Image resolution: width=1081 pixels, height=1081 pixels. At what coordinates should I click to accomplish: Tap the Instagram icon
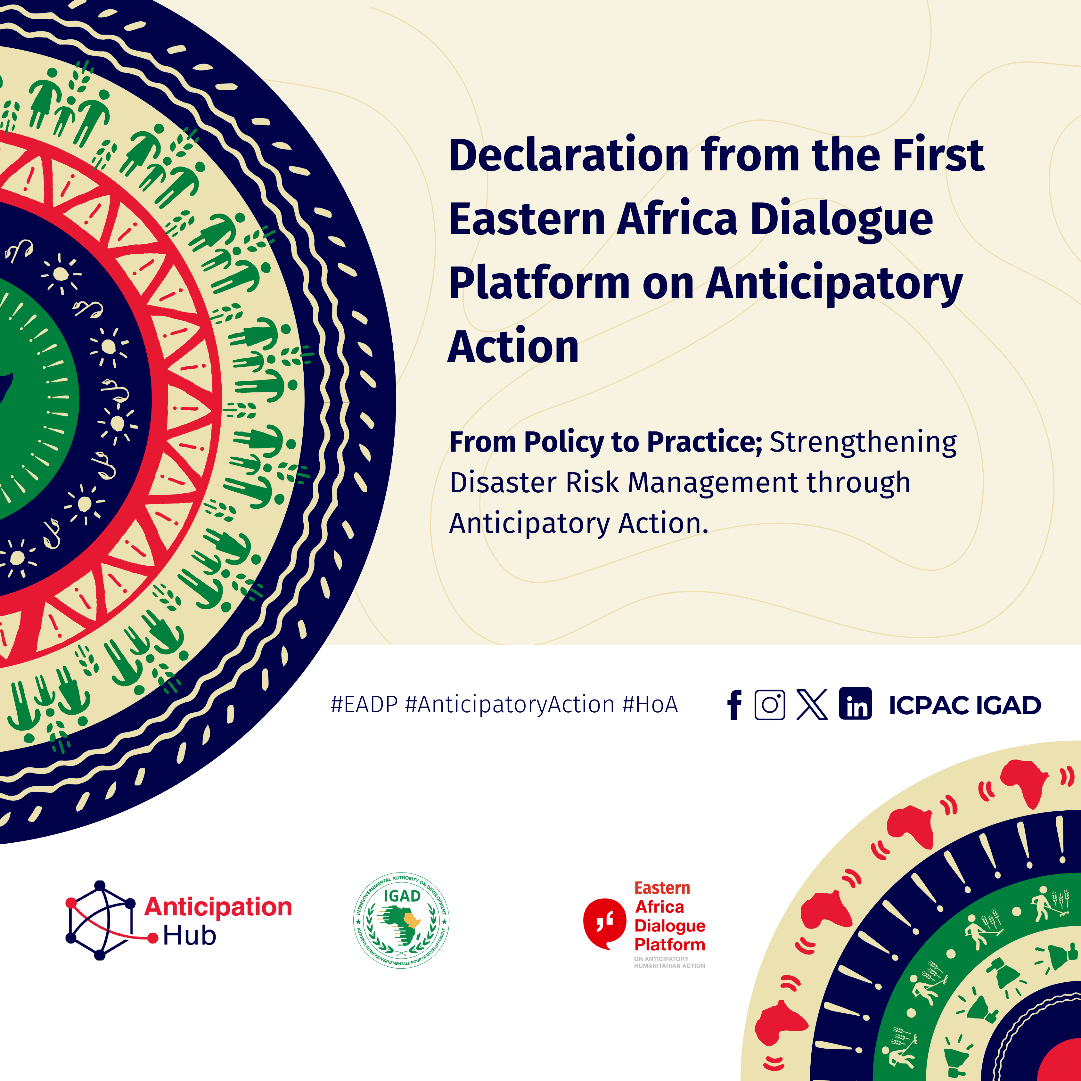click(770, 704)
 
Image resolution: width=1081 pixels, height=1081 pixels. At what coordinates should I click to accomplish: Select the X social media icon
click(812, 704)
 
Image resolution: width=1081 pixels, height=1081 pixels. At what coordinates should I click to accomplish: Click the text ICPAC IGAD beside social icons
click(965, 706)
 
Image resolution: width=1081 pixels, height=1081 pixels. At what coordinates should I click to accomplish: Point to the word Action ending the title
click(513, 347)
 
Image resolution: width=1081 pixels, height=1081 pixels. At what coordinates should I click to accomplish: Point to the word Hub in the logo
click(190, 936)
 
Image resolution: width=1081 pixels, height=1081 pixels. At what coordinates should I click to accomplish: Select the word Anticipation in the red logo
click(218, 907)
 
